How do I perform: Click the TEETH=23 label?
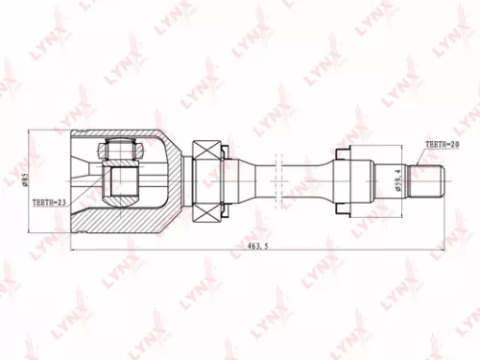[49, 203]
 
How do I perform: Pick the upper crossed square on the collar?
[206, 152]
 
